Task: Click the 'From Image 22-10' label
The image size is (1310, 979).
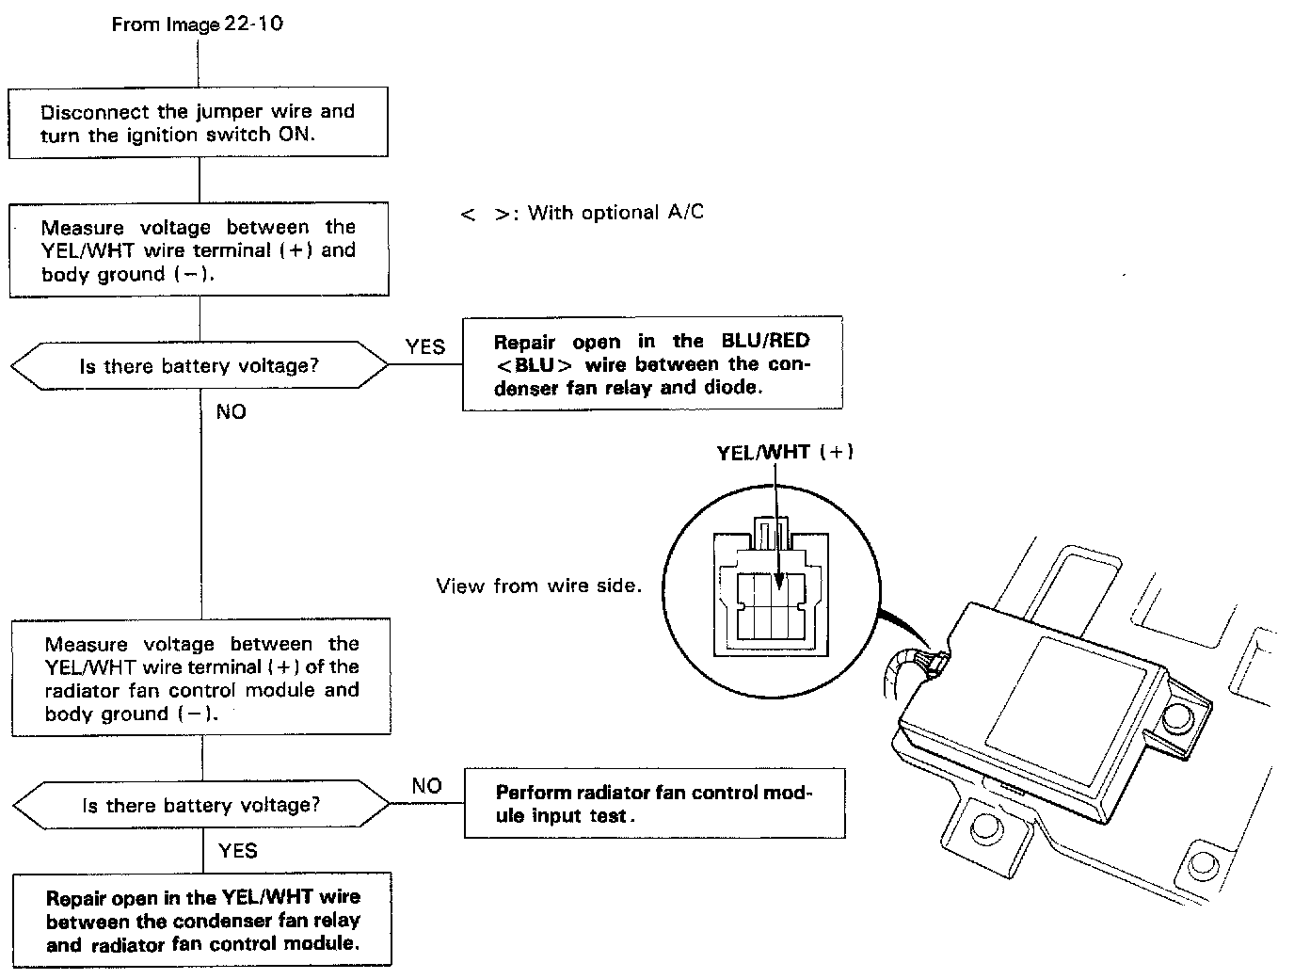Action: pos(197,24)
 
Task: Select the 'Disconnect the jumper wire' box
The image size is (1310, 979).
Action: pos(199,122)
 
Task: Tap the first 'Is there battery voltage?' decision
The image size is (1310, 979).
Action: pos(200,365)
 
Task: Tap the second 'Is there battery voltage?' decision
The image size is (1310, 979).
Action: pos(201,805)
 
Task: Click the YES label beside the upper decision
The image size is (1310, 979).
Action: pos(424,346)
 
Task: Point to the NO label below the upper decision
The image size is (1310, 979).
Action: pos(231,411)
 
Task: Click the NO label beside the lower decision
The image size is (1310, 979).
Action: pos(426,786)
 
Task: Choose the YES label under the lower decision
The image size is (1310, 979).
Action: pos(237,850)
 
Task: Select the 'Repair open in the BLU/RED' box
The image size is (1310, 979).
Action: pos(652,363)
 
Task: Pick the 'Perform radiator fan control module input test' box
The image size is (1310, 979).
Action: pos(654,804)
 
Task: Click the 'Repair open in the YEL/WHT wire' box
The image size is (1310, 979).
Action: pos(202,920)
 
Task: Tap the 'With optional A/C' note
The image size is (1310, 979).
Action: pos(583,213)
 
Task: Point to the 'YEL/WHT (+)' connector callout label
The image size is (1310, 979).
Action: pos(785,452)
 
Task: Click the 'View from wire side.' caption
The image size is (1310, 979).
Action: pos(538,586)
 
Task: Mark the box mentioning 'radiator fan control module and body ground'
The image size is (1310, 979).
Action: pos(201,678)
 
